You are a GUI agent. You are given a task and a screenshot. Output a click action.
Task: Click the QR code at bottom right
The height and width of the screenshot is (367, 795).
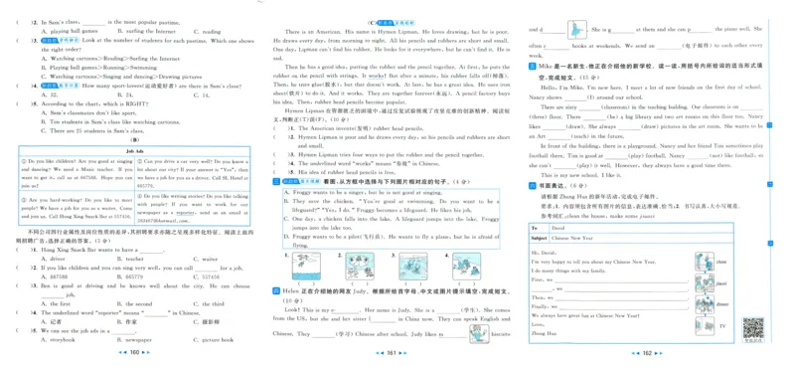(x=752, y=327)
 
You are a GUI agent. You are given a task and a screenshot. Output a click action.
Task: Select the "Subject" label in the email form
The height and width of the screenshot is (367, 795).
(x=539, y=239)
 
